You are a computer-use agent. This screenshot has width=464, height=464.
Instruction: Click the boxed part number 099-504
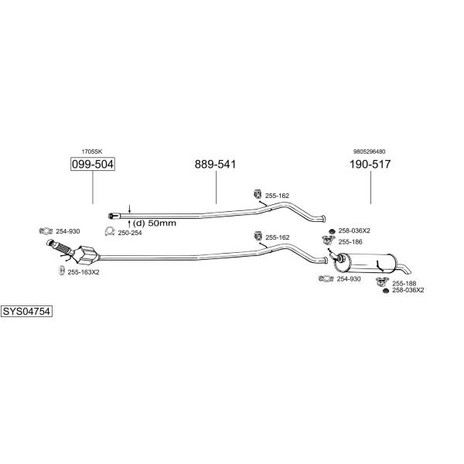[93, 164]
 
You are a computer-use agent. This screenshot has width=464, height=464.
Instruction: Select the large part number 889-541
[215, 164]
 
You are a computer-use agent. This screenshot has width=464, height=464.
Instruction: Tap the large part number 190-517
[370, 164]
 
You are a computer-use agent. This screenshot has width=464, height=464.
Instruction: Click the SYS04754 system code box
[26, 312]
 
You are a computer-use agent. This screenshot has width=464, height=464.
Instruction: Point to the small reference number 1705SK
[92, 152]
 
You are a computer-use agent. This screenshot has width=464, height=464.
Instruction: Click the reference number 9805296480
[369, 152]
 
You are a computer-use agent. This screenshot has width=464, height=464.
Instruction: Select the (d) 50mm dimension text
[154, 223]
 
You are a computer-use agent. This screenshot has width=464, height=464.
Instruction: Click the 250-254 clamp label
[130, 233]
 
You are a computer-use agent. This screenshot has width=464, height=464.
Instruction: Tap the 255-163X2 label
[84, 272]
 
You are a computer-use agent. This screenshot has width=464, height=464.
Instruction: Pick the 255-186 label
[350, 242]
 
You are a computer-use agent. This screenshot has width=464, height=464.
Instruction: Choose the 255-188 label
[404, 284]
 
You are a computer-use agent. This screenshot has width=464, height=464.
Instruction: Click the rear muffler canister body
[366, 263]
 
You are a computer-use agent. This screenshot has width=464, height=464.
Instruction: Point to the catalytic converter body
[86, 256]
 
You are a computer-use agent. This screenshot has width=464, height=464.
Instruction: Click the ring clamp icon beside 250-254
[110, 231]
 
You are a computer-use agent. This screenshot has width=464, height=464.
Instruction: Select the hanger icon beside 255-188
[382, 282]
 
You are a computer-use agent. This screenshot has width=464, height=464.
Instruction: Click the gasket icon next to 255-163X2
[61, 271]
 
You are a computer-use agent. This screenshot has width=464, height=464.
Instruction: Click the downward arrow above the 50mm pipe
[129, 208]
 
